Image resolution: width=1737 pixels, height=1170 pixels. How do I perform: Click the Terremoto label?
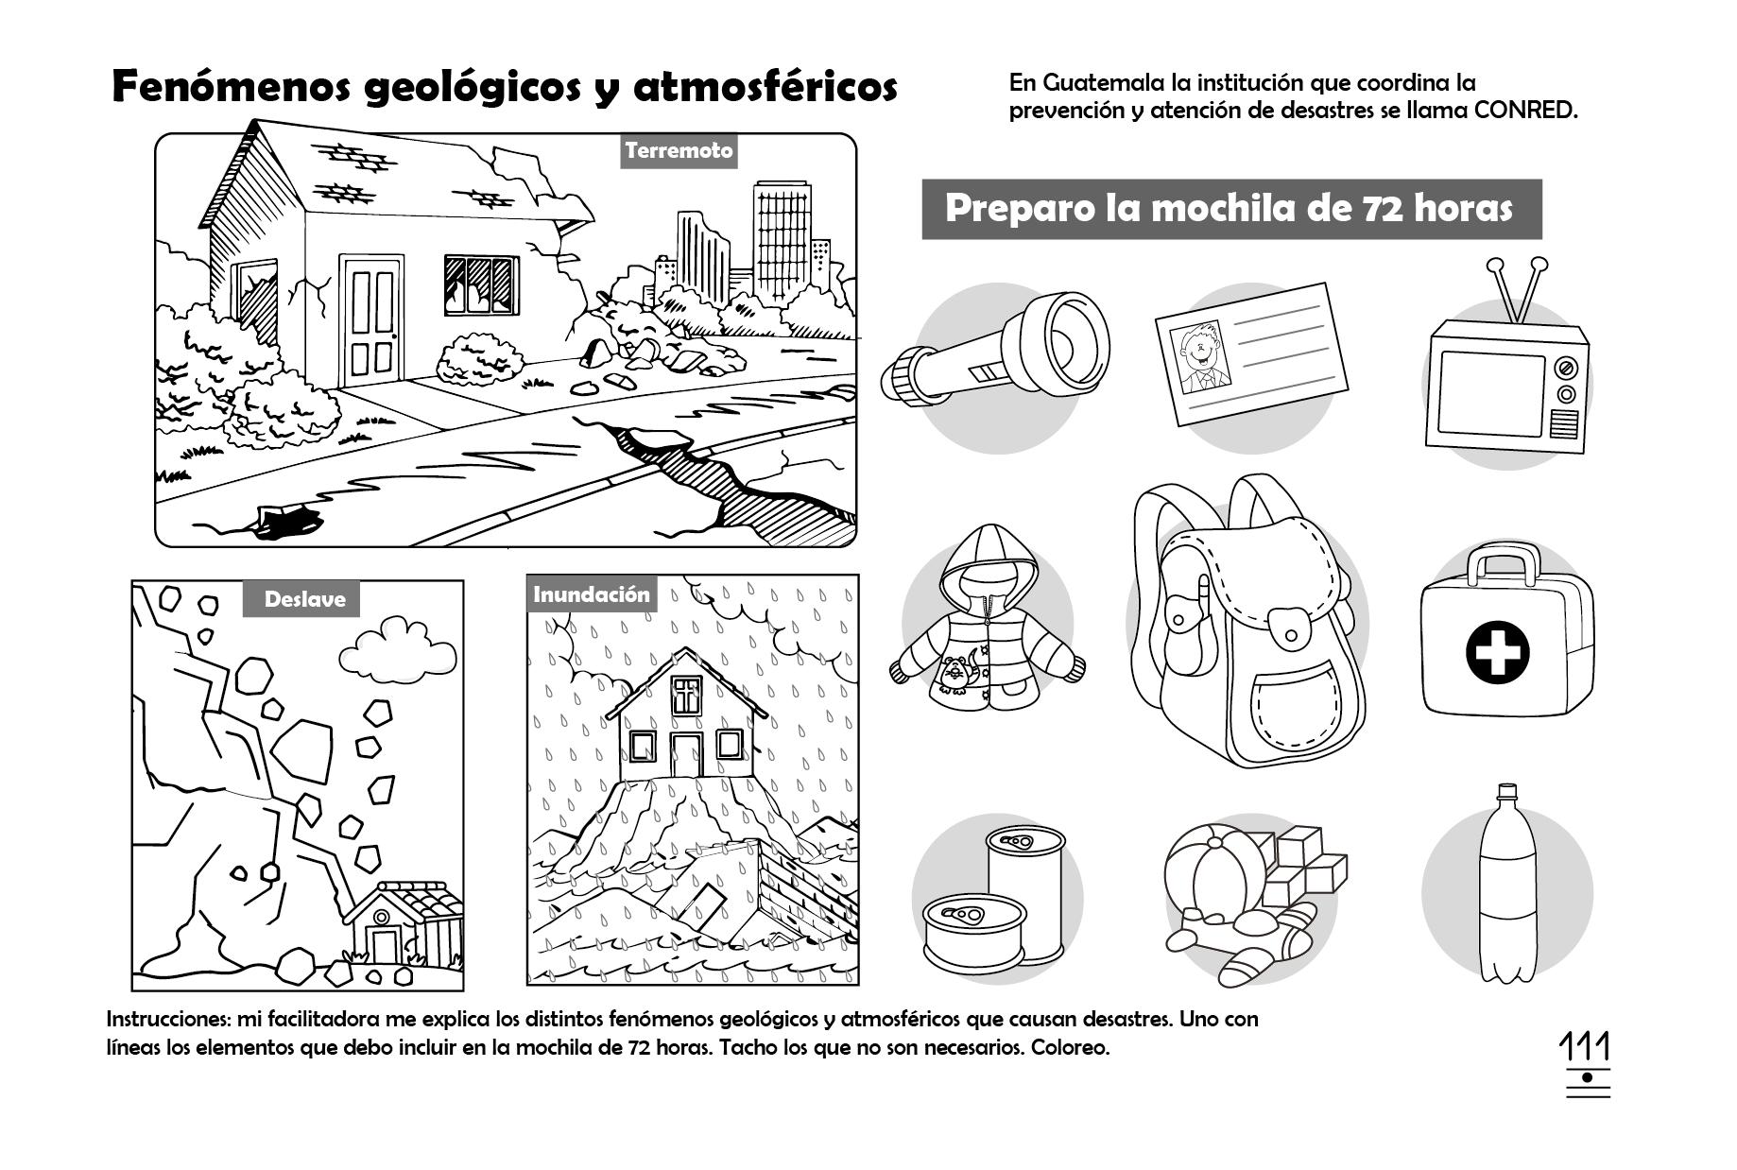tap(679, 151)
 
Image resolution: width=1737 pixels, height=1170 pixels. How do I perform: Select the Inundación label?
tap(592, 594)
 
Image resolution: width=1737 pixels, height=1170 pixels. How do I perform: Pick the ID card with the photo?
tap(1251, 353)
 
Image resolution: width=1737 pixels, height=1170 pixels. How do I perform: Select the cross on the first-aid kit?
tap(1497, 653)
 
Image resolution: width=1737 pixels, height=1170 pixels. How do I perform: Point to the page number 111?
tap(1585, 1048)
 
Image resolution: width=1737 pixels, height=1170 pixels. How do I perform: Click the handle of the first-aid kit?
tap(1504, 565)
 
